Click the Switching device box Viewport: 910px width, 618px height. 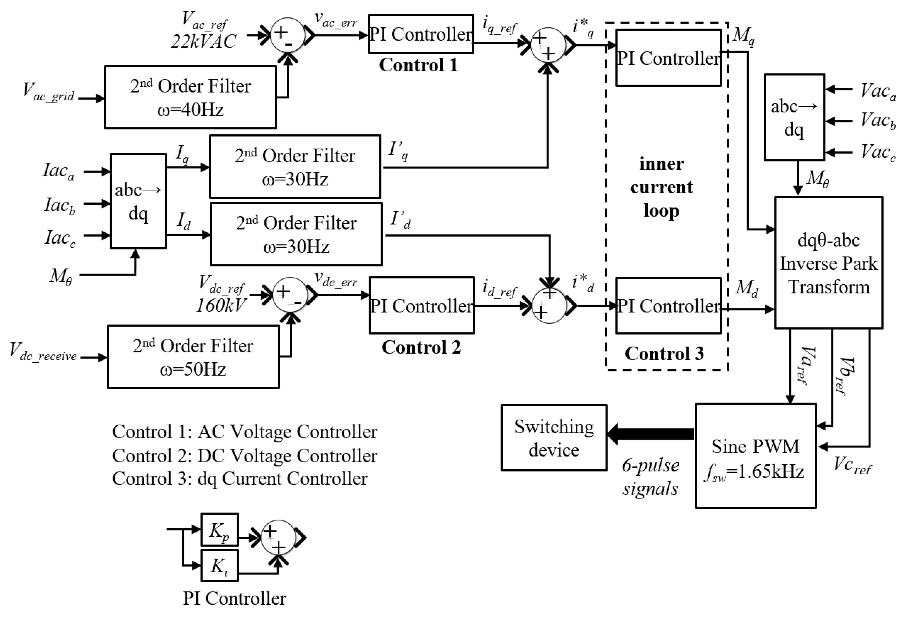tap(554, 438)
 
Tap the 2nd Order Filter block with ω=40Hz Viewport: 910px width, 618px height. tap(190, 97)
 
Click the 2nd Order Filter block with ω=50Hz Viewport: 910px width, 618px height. tap(193, 357)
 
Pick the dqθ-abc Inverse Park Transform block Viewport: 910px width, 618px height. tap(828, 263)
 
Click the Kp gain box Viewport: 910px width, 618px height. tap(219, 529)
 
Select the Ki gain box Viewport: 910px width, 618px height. tap(219, 566)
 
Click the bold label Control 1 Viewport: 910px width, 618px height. tap(418, 65)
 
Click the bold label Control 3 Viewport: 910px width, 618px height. tap(664, 354)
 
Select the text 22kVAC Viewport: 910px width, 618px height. tap(204, 41)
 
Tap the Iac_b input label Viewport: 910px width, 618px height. tap(59, 206)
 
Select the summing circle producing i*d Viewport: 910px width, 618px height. tap(549, 306)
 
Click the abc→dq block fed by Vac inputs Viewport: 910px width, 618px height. tap(794, 117)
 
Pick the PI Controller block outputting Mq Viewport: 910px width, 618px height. tap(668, 58)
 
